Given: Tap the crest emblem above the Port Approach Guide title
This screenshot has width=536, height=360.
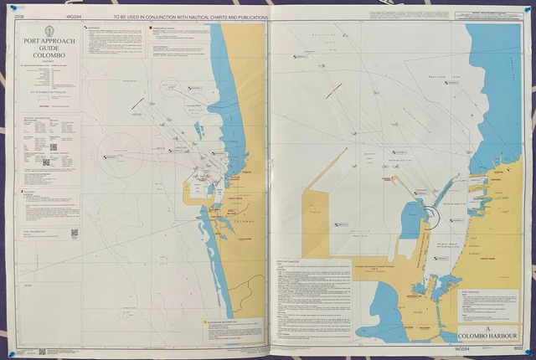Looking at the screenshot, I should coord(49,28).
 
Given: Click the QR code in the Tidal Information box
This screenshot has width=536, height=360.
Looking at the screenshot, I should coord(74,234).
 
